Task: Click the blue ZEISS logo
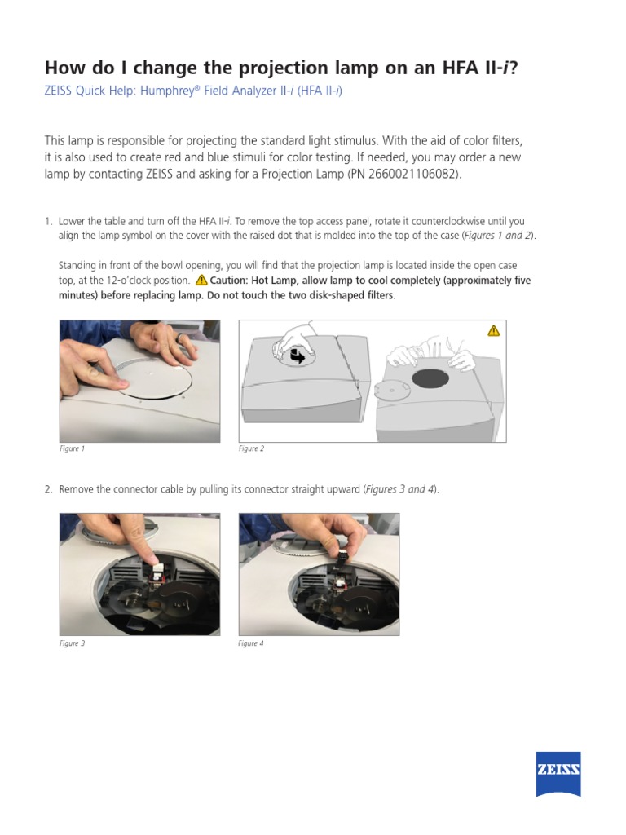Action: click(558, 774)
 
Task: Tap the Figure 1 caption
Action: click(72, 448)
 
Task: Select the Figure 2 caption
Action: click(250, 448)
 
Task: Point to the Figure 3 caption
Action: click(72, 643)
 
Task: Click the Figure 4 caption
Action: click(250, 643)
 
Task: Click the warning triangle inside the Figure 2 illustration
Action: click(493, 330)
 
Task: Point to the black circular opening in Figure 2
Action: click(430, 378)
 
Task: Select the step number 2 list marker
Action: click(48, 489)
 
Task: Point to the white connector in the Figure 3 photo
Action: click(158, 564)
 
